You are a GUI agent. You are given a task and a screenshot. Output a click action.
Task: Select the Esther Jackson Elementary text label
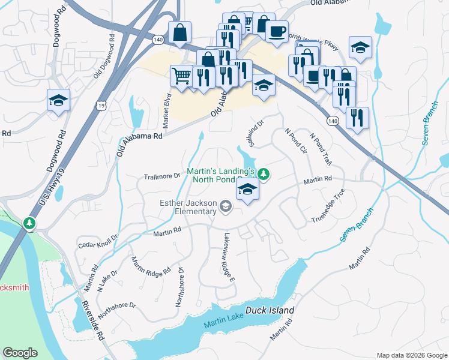tap(187, 206)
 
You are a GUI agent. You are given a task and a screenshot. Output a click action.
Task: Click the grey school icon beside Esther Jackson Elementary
tap(225, 207)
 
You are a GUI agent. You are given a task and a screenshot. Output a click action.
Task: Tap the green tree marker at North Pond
tap(264, 175)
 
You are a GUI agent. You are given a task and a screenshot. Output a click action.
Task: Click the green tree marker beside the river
tap(29, 224)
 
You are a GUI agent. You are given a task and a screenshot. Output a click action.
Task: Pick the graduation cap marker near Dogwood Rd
tap(58, 101)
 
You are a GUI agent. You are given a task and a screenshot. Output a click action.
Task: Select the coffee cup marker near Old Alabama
tap(276, 31)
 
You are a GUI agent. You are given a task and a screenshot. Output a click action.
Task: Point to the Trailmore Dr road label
tap(162, 176)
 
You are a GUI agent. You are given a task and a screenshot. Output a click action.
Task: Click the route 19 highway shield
tap(101, 105)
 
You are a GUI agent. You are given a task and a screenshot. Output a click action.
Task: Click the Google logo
tap(21, 353)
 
